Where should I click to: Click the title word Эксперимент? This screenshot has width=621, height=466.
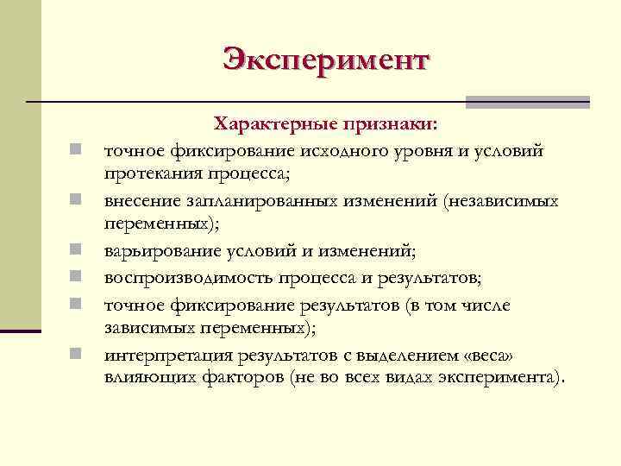(325, 60)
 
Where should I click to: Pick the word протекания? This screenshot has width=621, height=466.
(152, 175)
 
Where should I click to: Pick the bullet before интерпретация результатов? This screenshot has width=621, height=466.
(77, 354)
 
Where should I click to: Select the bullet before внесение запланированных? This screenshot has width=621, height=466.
(77, 202)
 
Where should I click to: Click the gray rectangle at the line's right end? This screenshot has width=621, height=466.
(527, 102)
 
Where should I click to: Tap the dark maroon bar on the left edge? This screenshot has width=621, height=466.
(21, 330)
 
